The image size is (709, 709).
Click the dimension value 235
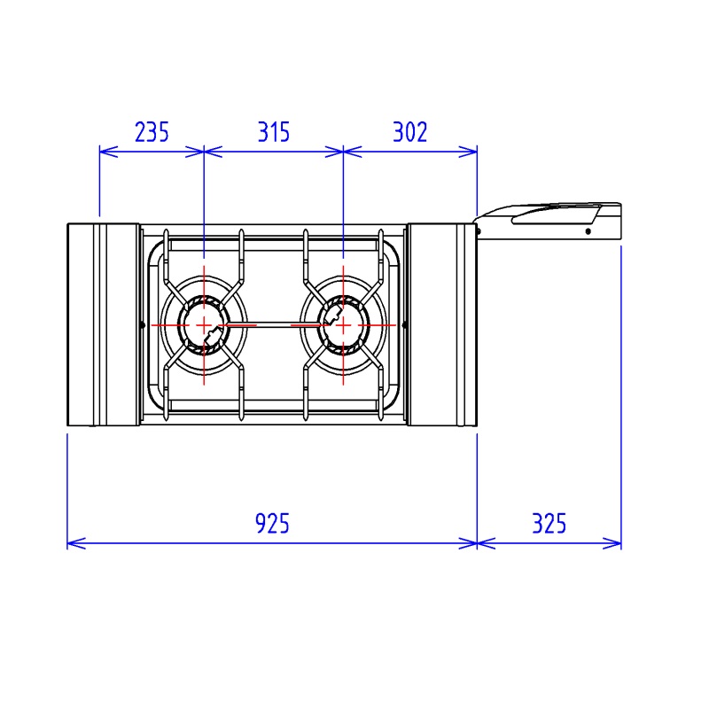click(x=152, y=132)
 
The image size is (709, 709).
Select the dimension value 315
click(x=274, y=132)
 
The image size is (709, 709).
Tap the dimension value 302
click(x=410, y=132)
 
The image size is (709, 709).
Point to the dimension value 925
click(x=272, y=524)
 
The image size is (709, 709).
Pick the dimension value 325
click(x=549, y=524)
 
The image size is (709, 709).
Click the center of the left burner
click(x=204, y=324)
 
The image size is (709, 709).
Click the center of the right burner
click(x=343, y=324)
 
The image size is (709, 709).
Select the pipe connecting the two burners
click(x=274, y=324)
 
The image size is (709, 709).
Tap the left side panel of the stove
click(x=103, y=324)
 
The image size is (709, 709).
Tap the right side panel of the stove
click(x=441, y=324)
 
